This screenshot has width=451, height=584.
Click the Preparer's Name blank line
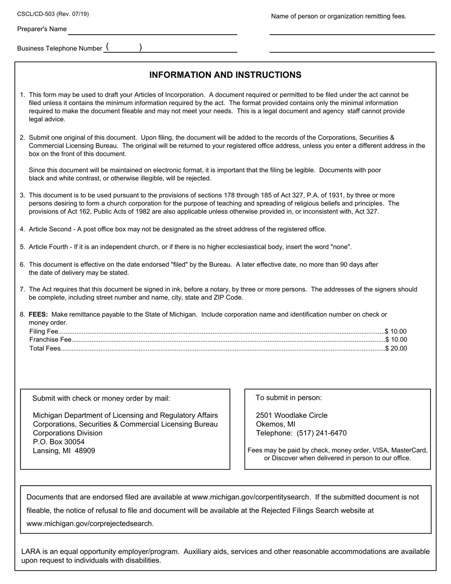(152, 31)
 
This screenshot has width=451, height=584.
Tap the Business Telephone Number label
(59, 48)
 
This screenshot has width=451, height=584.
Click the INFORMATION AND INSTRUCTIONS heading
(225, 75)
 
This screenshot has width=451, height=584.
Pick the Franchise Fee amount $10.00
(396, 339)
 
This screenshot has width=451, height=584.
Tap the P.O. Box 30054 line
(58, 442)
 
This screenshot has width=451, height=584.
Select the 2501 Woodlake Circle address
(291, 415)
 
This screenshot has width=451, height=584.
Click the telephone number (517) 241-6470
(321, 433)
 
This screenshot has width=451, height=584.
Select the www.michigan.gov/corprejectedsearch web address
(90, 524)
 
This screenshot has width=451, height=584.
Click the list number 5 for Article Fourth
(22, 247)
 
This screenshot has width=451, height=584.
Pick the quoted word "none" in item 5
(339, 247)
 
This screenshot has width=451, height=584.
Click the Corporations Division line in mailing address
(67, 433)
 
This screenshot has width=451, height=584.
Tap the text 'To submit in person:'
(289, 398)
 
